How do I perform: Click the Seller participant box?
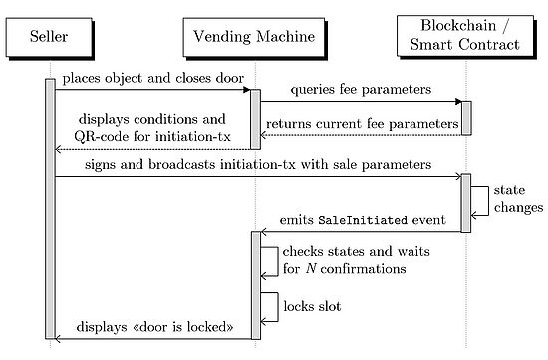pyautogui.click(x=51, y=38)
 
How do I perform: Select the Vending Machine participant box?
pyautogui.click(x=255, y=38)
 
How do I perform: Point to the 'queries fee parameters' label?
pyautogui.click(x=361, y=89)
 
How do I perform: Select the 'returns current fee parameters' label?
pyautogui.click(x=361, y=122)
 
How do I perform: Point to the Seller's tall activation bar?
pyautogui.click(x=50, y=209)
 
